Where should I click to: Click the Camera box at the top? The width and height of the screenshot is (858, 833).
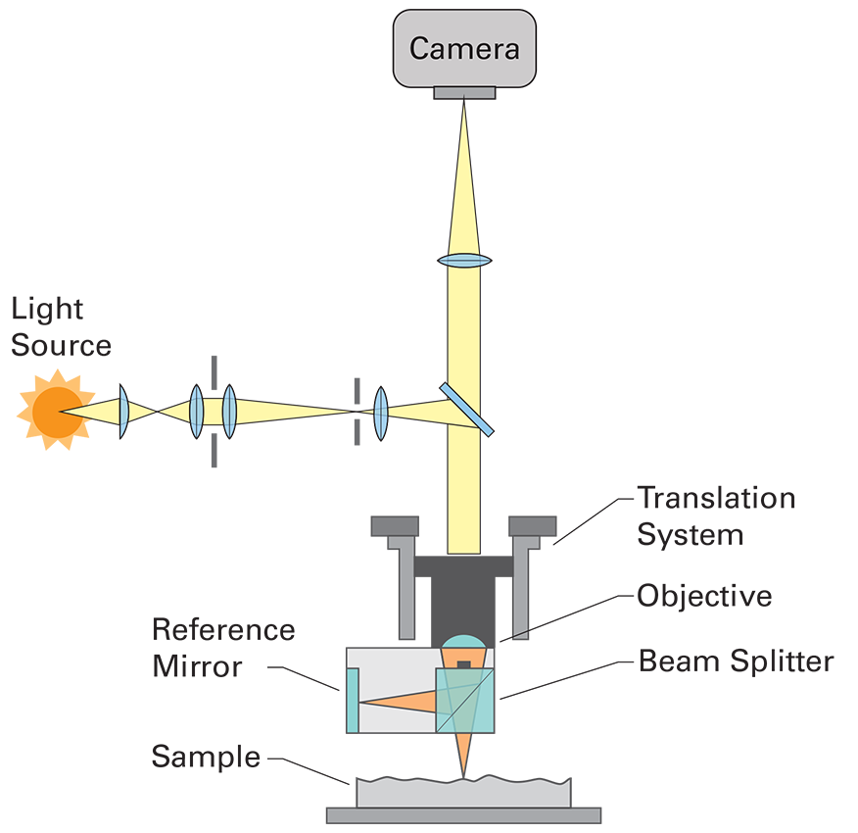point(464,48)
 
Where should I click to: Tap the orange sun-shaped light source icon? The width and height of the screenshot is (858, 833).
point(57,411)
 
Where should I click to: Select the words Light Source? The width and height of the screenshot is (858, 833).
point(61,327)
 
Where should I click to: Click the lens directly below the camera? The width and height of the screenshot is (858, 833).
point(464,260)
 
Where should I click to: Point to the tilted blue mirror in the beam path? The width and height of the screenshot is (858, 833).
point(466,409)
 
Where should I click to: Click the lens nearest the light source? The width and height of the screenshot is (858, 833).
point(123,412)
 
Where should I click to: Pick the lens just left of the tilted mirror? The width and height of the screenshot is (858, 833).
point(381,414)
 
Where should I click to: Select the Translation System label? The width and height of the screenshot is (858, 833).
point(716,515)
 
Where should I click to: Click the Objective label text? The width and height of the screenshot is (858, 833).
point(705,595)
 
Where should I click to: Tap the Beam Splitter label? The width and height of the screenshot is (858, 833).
point(737,661)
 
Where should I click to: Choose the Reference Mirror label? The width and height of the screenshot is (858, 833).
point(223,648)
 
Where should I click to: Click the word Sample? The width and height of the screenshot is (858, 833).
point(206,757)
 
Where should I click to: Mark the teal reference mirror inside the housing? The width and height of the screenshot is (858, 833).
point(353,700)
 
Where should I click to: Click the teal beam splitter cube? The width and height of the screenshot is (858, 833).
point(465,700)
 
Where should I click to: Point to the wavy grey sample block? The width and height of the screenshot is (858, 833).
point(463,792)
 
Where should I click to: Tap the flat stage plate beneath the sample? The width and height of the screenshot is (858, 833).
point(463,815)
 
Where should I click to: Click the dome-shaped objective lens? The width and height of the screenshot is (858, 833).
point(464,642)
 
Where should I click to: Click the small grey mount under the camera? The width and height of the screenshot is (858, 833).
point(464,92)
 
